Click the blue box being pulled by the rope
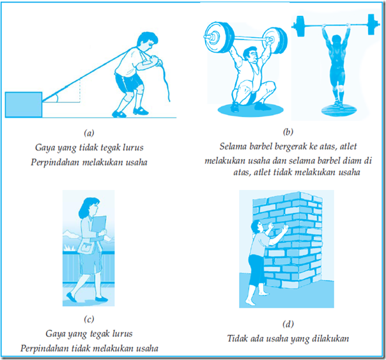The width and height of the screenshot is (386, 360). pyautogui.click(x=24, y=105)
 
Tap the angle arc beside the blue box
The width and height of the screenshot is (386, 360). pyautogui.click(x=57, y=97)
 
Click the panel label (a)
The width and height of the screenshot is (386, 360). pyautogui.click(x=89, y=133)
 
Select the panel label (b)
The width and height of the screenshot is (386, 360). pyautogui.click(x=288, y=132)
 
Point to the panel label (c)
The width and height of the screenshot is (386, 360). pyautogui.click(x=89, y=319)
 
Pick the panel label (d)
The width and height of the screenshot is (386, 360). pyautogui.click(x=288, y=324)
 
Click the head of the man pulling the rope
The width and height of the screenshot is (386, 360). pyautogui.click(x=147, y=41)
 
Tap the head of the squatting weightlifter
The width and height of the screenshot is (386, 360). pyautogui.click(x=251, y=56)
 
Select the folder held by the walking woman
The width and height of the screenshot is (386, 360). pyautogui.click(x=98, y=224)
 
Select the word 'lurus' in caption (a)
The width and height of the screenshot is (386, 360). pyautogui.click(x=134, y=148)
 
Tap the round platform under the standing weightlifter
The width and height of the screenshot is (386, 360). pyautogui.click(x=339, y=111)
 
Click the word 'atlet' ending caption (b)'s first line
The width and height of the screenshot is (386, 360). pyautogui.click(x=348, y=146)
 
